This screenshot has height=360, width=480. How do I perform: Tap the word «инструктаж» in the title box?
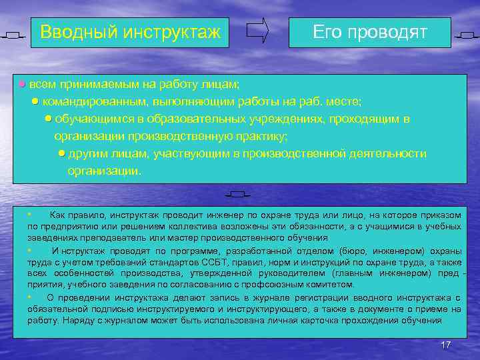pyautogui.click(x=175, y=31)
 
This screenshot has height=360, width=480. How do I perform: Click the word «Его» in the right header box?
pyautogui.click(x=327, y=32)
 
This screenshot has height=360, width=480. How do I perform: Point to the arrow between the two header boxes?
pyautogui.click(x=257, y=31)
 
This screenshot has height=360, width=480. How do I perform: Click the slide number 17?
pyautogui.click(x=446, y=344)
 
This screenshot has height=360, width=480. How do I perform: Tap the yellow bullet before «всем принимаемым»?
pyautogui.click(x=22, y=85)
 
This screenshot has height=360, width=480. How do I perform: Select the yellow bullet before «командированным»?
pyautogui.click(x=35, y=101)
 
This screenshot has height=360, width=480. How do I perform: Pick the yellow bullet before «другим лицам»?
pyautogui.click(x=61, y=153)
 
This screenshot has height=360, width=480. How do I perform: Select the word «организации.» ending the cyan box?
pyautogui.click(x=105, y=171)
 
